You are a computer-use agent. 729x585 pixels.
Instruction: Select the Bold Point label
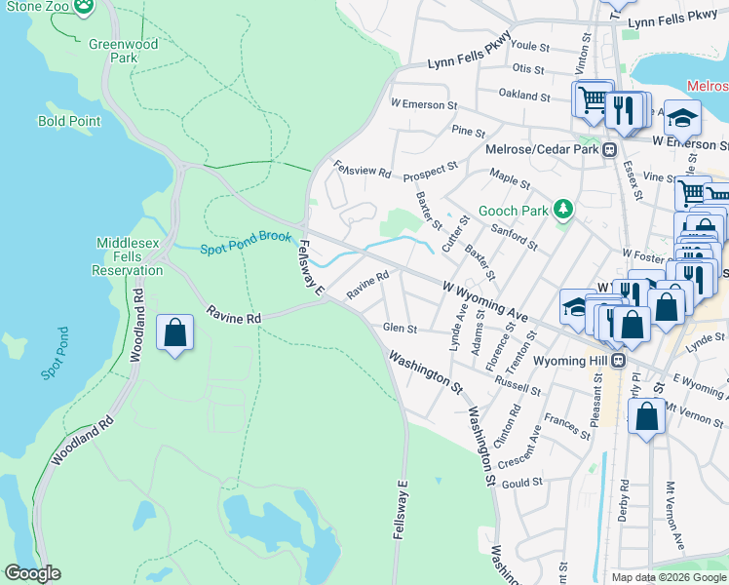coord(69,121)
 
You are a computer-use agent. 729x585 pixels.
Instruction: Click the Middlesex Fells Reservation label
coord(130,256)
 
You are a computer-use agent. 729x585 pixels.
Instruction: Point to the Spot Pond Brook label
coord(246,250)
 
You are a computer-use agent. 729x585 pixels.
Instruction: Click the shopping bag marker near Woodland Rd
coord(174,333)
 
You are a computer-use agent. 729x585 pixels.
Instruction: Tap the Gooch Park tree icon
coord(561,210)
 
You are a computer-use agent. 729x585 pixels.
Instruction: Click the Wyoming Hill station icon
coord(618,361)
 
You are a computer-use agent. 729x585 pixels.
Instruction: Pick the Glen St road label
coord(401,329)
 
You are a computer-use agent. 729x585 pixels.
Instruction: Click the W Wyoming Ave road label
coord(484,302)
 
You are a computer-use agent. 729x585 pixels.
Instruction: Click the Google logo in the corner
coord(32,573)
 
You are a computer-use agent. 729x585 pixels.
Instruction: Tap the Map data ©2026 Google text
coord(669,577)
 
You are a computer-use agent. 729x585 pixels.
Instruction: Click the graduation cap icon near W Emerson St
coord(683,118)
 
